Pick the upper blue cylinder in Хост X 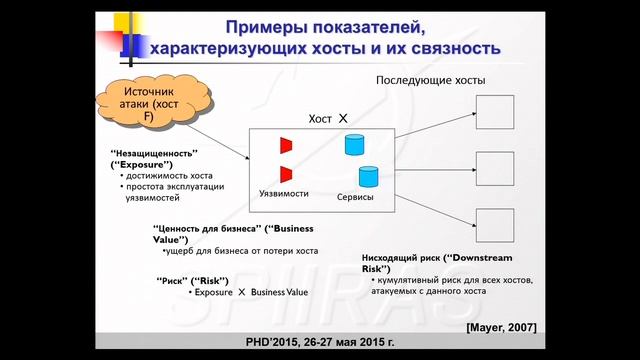click(x=353, y=145)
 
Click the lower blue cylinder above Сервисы click(x=369, y=177)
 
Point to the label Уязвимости click(x=283, y=192)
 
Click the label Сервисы click(x=355, y=197)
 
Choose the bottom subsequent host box click(x=494, y=227)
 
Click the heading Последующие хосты click(x=431, y=80)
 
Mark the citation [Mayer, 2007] click(x=501, y=327)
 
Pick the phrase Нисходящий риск click(x=404, y=258)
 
